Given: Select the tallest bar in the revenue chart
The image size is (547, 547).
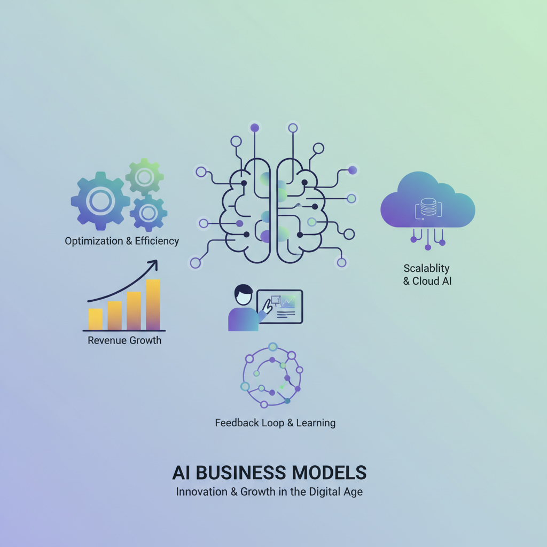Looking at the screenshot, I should (x=153, y=304).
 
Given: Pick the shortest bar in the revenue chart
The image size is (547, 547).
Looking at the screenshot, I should (x=95, y=319).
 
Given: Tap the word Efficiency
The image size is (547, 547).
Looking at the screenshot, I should (x=157, y=241).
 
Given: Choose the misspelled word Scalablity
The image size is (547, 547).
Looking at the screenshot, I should (x=427, y=269).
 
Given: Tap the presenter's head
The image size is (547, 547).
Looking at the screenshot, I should (x=244, y=295).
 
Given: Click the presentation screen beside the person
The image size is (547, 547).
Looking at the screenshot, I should (x=280, y=306).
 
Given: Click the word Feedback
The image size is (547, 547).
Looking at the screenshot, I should (x=237, y=423).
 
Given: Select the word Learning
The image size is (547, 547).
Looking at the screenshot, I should (x=316, y=423).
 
